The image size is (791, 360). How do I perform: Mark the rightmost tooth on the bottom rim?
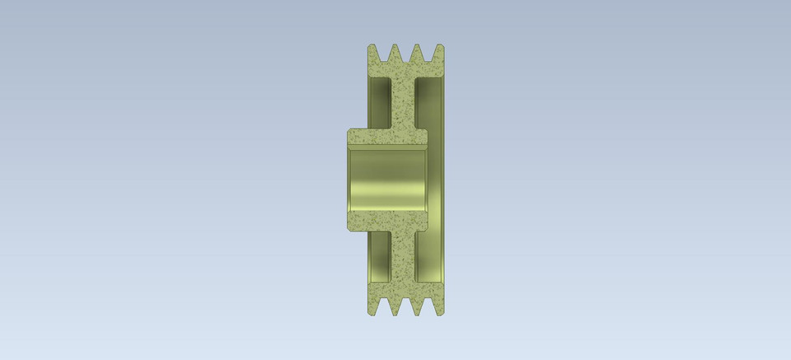click(439, 308)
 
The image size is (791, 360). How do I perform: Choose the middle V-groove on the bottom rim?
click(406, 309)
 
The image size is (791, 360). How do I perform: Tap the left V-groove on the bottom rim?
click(384, 309)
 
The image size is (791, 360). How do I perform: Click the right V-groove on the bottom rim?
click(428, 309)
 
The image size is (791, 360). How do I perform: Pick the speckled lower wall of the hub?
click(388, 220)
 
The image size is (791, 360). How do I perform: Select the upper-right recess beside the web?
click(429, 103)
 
